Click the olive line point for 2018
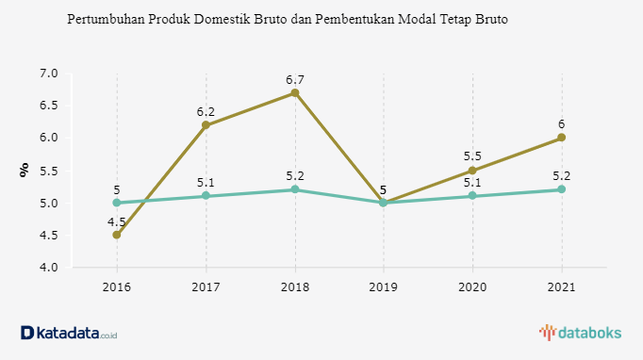(295, 92)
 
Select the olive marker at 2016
(117, 235)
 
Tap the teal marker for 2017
(206, 196)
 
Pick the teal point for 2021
(561, 189)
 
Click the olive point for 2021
(561, 138)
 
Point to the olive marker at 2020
(472, 171)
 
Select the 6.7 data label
(295, 79)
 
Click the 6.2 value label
(206, 111)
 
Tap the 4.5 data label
(117, 222)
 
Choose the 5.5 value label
(472, 156)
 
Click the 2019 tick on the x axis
(384, 287)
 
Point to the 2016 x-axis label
(117, 287)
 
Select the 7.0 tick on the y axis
(49, 74)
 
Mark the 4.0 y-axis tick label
(49, 268)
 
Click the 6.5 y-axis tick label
(49, 106)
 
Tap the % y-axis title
(25, 170)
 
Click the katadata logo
(69, 333)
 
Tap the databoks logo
(580, 333)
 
